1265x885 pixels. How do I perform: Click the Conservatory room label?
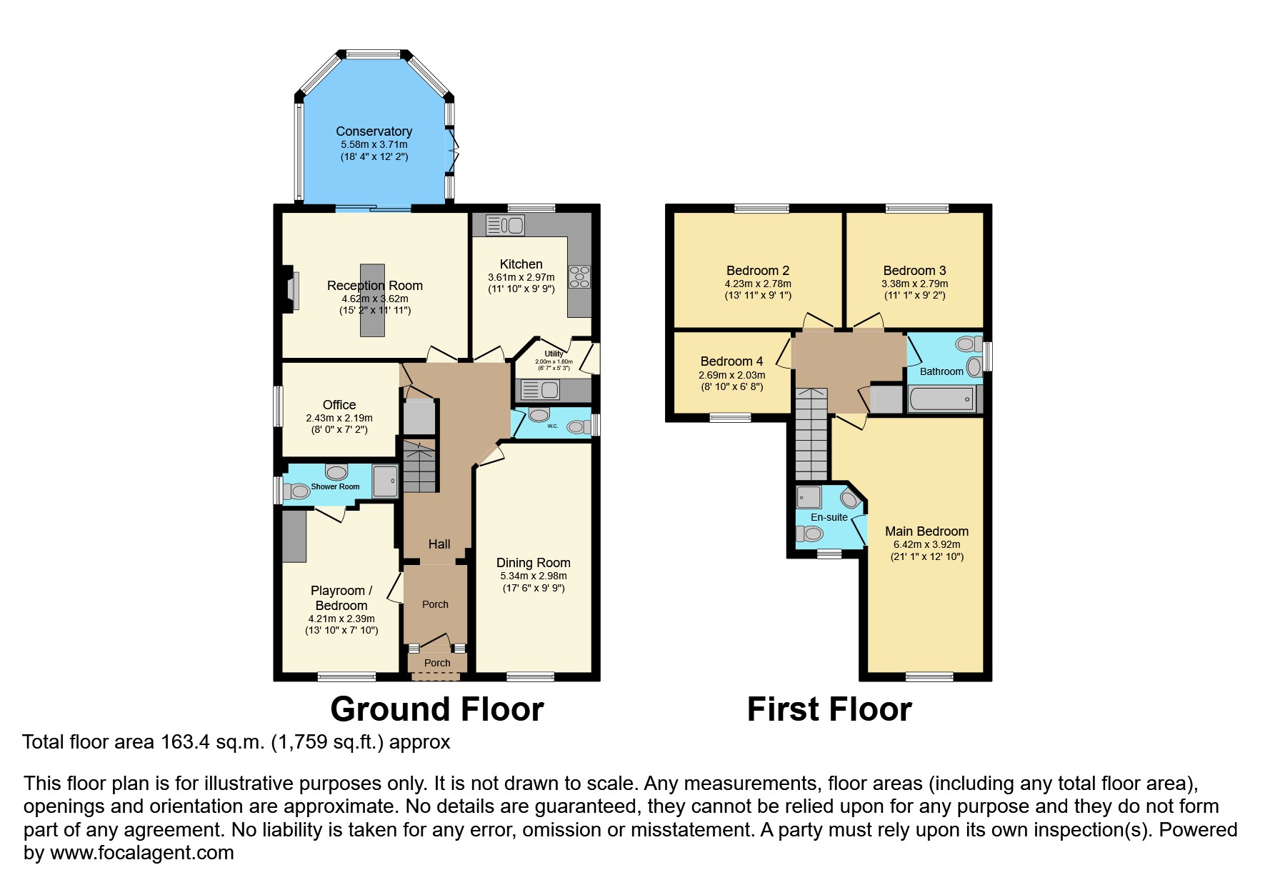tap(374, 131)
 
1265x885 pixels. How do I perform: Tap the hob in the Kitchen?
tap(579, 276)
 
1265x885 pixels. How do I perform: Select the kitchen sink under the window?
tap(505, 226)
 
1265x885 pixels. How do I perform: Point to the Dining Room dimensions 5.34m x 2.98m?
tap(533, 576)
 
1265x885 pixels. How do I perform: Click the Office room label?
tap(339, 405)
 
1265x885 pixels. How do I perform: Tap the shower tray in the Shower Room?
tap(385, 481)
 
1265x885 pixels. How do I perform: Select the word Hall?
tap(439, 544)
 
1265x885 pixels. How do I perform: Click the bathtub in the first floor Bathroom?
tap(941, 399)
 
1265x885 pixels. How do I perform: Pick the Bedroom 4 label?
tap(731, 361)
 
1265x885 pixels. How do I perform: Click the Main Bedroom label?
tap(926, 531)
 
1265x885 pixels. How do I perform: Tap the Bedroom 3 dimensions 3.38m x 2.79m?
tap(914, 284)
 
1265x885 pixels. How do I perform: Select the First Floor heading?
tap(829, 710)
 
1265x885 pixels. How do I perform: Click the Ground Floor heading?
tap(437, 710)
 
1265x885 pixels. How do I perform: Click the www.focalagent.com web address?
tap(141, 853)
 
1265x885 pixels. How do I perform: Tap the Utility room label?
tap(554, 354)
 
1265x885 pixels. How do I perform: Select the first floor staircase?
tap(811, 436)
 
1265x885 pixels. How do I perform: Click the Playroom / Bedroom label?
tap(341, 598)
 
